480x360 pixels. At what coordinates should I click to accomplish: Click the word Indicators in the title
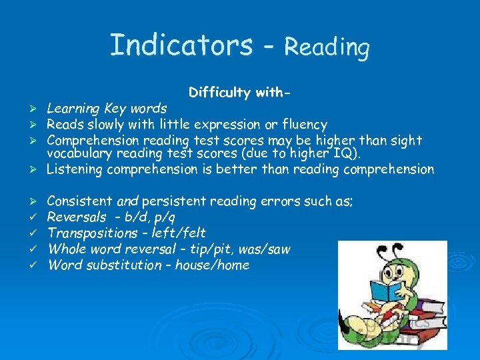(x=181, y=45)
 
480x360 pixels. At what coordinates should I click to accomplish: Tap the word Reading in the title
(x=327, y=47)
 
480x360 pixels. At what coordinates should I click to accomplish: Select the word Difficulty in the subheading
(x=217, y=93)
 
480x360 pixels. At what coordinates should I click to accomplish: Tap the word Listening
(x=75, y=169)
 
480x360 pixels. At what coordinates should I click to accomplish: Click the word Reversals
(x=77, y=217)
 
